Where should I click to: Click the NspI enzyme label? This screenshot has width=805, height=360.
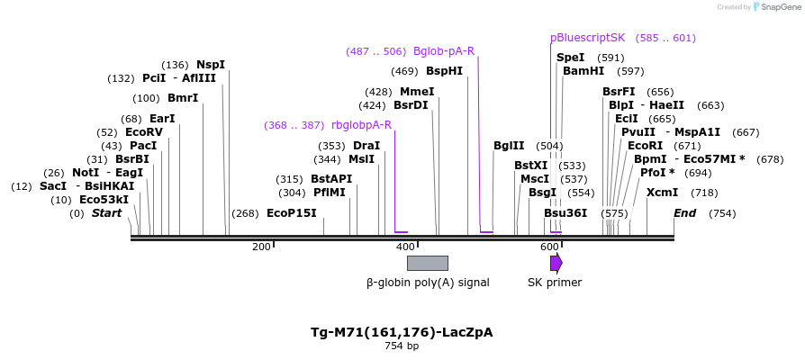tap(211, 65)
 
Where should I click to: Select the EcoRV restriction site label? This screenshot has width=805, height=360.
tap(144, 132)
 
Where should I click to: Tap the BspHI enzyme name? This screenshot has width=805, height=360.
tap(444, 71)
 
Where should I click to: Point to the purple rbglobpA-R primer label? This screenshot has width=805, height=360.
tap(361, 125)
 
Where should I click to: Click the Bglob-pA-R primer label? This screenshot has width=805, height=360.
tap(444, 51)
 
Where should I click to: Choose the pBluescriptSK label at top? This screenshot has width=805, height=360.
tap(587, 38)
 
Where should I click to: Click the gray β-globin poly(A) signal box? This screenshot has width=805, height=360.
tap(427, 263)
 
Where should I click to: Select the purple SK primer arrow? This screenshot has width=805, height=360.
tap(556, 263)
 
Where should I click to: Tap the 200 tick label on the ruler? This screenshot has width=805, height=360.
tap(261, 247)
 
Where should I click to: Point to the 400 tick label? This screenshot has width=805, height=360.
tap(405, 247)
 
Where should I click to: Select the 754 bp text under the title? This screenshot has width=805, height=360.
tap(402, 346)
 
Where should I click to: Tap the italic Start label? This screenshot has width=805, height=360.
tap(106, 213)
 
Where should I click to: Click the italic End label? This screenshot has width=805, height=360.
tap(685, 213)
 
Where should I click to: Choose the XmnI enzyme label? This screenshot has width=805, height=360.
tap(662, 193)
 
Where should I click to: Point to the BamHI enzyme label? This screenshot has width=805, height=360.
tap(583, 71)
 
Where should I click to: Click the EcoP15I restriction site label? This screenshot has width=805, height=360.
tap(292, 213)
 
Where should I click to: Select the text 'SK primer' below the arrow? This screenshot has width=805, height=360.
tap(555, 283)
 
